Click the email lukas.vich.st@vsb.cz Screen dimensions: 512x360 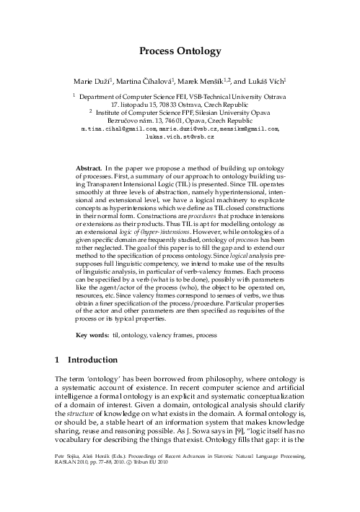click(180, 135)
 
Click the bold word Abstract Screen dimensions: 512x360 click(90, 168)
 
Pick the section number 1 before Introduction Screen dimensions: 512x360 click(58, 359)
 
